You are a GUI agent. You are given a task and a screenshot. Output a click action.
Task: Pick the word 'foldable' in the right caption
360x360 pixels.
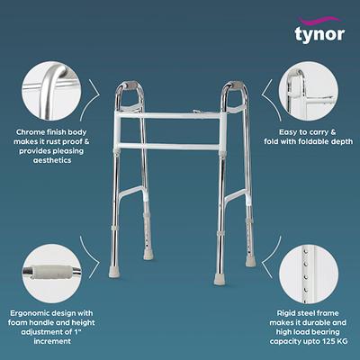pos(314,143)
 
